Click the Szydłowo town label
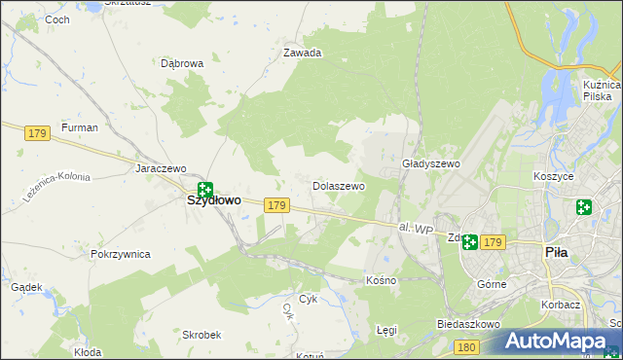coord(213,200)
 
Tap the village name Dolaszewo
coord(338,185)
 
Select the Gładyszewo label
coord(430,164)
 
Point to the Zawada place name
coord(302,54)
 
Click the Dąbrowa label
coord(182,63)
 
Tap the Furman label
coord(80,127)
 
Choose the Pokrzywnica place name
coord(120,254)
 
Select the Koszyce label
coord(553,177)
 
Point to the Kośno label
coord(381,280)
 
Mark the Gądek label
coord(25,287)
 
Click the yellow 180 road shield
coord(467,347)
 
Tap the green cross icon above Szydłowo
coord(204,189)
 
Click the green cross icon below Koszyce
coord(583,207)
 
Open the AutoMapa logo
coord(560,342)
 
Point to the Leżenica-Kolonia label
coord(59,177)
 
